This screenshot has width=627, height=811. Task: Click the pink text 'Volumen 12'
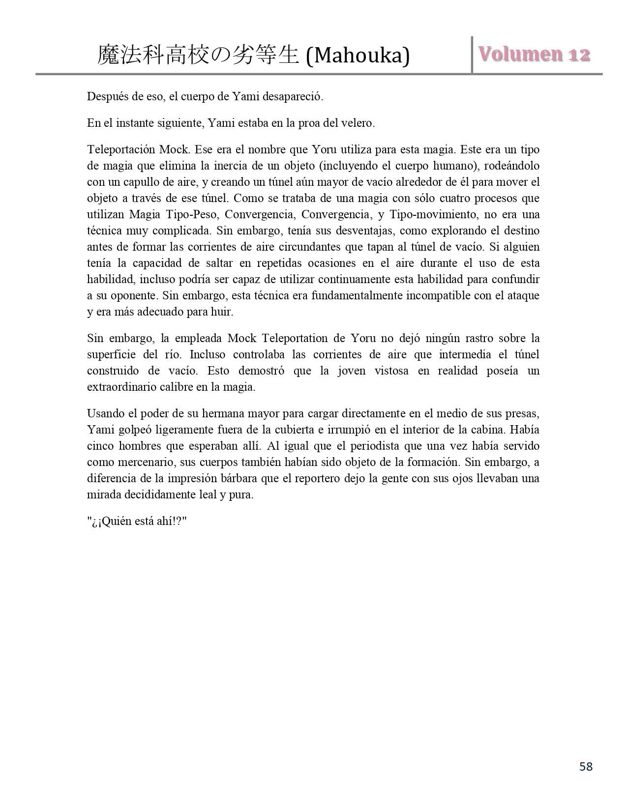(534, 55)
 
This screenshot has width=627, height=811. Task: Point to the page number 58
(586, 766)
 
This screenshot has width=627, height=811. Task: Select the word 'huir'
(223, 312)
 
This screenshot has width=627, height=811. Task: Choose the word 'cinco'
(100, 446)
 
